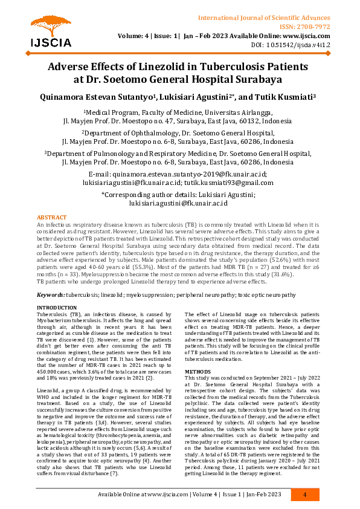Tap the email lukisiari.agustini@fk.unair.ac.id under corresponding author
[x=179, y=204]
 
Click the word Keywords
[x=51, y=294]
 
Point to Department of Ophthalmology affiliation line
[x=179, y=133]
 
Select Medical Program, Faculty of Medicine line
[x=179, y=112]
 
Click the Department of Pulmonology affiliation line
[x=179, y=154]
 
